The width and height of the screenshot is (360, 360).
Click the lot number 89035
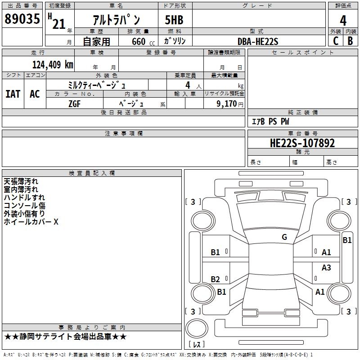pyautogui.click(x=22, y=19)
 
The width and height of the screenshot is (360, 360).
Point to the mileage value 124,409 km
pyautogui.click(x=53, y=64)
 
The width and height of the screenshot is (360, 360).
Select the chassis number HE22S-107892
pyautogui.click(x=302, y=143)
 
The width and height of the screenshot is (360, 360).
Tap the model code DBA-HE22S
pyautogui.click(x=258, y=41)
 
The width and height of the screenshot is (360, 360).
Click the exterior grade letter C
pyautogui.click(x=335, y=41)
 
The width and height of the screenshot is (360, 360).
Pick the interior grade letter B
pyautogui.click(x=350, y=41)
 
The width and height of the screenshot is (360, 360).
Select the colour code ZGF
pyautogui.click(x=75, y=103)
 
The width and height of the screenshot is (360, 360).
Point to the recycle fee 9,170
pyautogui.click(x=227, y=103)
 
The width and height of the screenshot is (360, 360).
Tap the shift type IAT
pyautogui.click(x=13, y=94)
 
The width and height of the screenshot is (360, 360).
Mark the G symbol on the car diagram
pyautogui.click(x=284, y=237)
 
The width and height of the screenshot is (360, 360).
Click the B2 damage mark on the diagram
pyautogui.click(x=216, y=279)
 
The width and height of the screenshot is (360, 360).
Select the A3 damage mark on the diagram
pyautogui.click(x=326, y=268)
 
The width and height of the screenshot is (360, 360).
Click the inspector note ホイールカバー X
pyautogui.click(x=31, y=222)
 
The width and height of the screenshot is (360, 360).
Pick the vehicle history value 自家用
pyautogui.click(x=96, y=41)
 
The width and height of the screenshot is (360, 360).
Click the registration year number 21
pyautogui.click(x=58, y=24)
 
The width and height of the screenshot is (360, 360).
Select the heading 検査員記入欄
pyautogui.click(x=92, y=173)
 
